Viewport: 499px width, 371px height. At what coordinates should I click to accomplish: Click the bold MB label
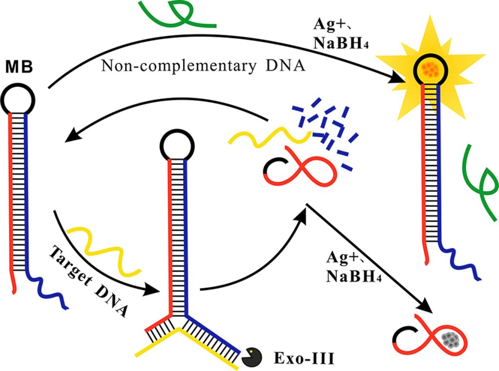(20, 66)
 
